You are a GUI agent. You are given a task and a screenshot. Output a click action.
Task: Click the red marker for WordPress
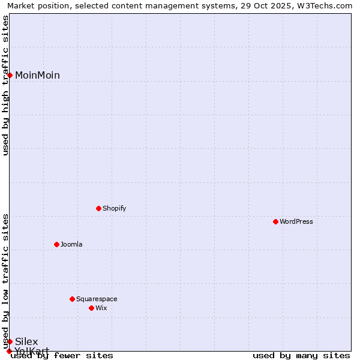pyautogui.click(x=275, y=221)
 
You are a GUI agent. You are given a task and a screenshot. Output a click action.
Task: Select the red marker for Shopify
pyautogui.click(x=98, y=208)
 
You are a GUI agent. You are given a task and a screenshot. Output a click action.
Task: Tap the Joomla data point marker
pyautogui.click(x=56, y=244)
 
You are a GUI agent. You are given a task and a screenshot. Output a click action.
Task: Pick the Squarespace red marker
pyautogui.click(x=72, y=299)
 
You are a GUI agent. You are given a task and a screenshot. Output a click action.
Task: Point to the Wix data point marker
pyautogui.click(x=91, y=308)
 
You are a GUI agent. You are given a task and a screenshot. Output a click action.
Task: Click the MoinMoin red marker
pyautogui.click(x=10, y=75)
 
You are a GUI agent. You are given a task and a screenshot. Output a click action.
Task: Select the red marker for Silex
pyautogui.click(x=10, y=341)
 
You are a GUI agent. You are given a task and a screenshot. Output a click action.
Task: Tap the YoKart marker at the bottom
pyautogui.click(x=9, y=351)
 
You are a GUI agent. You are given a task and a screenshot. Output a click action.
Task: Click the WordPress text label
pyautogui.click(x=296, y=221)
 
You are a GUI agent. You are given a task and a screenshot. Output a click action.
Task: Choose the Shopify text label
pyautogui.click(x=114, y=208)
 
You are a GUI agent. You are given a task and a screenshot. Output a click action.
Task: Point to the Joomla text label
pyautogui.click(x=71, y=244)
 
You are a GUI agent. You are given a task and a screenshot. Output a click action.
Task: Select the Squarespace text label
pyautogui.click(x=97, y=299)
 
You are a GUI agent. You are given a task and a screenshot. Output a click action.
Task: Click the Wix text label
pyautogui.click(x=101, y=308)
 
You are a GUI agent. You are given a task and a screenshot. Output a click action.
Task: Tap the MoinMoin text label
pyautogui.click(x=37, y=75)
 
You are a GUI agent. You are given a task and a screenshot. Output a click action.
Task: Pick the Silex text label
pyautogui.click(x=26, y=341)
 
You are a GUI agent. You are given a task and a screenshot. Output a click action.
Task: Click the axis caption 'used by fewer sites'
pyautogui.click(x=62, y=355)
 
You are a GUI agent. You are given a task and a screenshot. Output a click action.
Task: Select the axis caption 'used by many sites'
pyautogui.click(x=301, y=355)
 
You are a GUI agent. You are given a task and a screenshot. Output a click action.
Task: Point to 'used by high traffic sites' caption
pyautogui.click(x=6, y=85)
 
